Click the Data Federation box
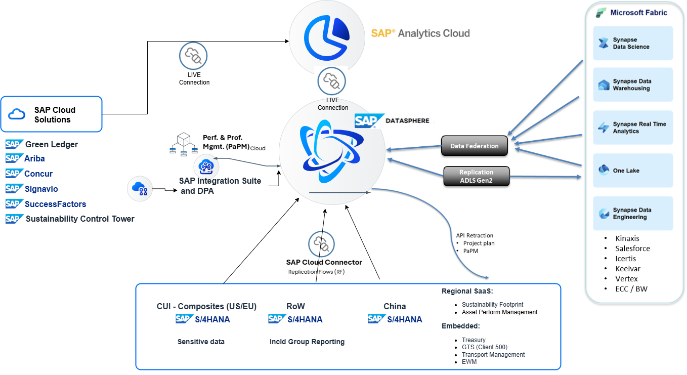click(x=474, y=146)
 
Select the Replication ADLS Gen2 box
click(x=476, y=176)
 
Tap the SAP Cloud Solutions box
click(x=52, y=114)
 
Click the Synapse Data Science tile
click(x=633, y=44)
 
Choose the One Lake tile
click(x=633, y=171)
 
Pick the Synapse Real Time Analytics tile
click(x=633, y=128)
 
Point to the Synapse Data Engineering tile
click(x=633, y=214)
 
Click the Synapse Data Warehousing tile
click(x=633, y=85)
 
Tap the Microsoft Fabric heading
click(x=638, y=13)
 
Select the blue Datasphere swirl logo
click(x=326, y=147)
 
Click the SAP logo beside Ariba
click(x=14, y=158)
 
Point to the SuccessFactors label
click(x=55, y=204)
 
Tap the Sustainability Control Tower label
click(x=80, y=219)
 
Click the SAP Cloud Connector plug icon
click(x=322, y=244)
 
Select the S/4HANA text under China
click(x=404, y=319)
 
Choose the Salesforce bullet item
click(x=632, y=248)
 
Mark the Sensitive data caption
click(x=201, y=342)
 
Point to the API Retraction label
click(x=474, y=235)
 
